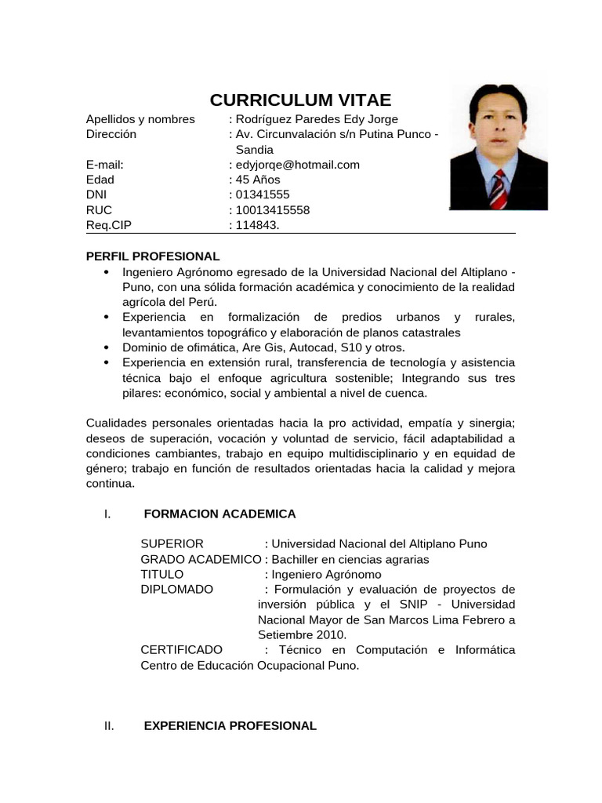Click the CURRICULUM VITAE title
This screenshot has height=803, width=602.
[300, 100]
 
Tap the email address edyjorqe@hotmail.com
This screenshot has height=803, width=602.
[297, 165]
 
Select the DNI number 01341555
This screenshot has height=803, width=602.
[262, 194]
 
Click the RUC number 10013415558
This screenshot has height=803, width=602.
[272, 210]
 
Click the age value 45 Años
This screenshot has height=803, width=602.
[257, 180]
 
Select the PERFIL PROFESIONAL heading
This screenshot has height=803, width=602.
[152, 256]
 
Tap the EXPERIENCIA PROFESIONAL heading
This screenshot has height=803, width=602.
[230, 726]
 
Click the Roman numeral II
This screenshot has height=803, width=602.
[109, 726]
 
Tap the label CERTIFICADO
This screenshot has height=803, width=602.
[181, 650]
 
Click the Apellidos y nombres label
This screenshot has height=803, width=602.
[140, 119]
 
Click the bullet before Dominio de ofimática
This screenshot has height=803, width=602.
[106, 347]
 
